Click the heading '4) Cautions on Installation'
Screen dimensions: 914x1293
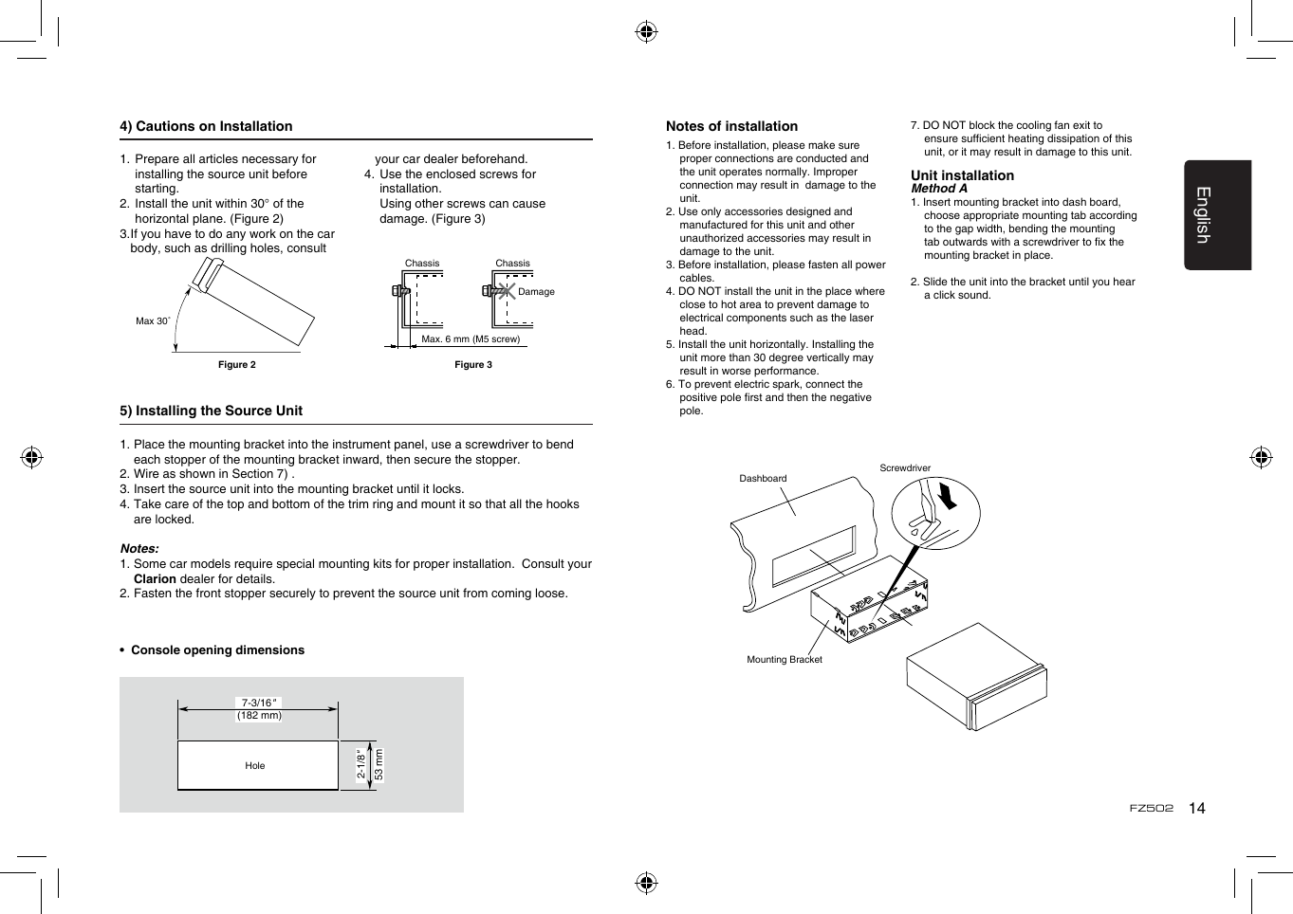[206, 126]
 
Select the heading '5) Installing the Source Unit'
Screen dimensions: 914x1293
[211, 411]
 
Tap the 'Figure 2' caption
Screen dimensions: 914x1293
[237, 365]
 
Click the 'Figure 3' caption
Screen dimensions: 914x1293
[473, 365]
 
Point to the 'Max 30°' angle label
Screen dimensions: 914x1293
[152, 321]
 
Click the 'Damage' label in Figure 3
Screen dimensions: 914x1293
[536, 292]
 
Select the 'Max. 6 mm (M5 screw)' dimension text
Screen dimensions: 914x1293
[471, 339]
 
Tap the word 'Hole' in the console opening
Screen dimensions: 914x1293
[255, 766]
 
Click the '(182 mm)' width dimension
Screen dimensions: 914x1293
[259, 716]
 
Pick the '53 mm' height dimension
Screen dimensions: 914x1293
[379, 764]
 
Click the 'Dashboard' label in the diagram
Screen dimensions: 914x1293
[763, 479]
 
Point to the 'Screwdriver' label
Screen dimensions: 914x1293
[905, 468]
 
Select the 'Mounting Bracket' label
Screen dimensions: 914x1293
[785, 660]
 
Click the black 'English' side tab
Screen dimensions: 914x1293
[1217, 215]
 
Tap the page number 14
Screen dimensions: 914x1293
[1197, 809]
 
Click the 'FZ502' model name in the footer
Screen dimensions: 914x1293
[1151, 809]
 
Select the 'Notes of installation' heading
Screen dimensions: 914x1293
[731, 126]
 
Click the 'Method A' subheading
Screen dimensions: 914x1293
[939, 189]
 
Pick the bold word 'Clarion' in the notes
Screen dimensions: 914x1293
[155, 579]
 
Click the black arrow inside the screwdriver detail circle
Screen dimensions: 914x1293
[947, 496]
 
